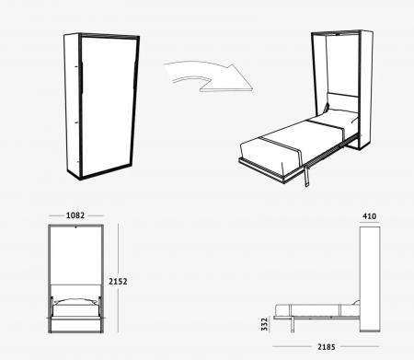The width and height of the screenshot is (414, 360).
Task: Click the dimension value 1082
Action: click(x=75, y=215)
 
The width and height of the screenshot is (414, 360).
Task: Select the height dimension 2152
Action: click(x=118, y=281)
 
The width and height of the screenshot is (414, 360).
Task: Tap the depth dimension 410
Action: click(x=369, y=216)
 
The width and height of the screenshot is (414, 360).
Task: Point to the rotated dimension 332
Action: click(x=264, y=324)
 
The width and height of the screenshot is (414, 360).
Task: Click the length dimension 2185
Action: click(x=327, y=347)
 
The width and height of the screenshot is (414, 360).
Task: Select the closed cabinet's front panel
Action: click(x=109, y=106)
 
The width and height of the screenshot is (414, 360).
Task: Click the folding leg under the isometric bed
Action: click(x=307, y=176)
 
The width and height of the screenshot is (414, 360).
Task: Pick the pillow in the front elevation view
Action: click(x=75, y=302)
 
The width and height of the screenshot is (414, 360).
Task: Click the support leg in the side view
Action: click(x=293, y=325)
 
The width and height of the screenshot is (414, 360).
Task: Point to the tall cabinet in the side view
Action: click(x=370, y=279)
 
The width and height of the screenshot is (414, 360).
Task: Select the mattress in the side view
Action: click(x=317, y=310)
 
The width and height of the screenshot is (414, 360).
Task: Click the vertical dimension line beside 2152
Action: click(x=119, y=278)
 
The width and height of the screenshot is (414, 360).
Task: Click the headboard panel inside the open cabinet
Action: click(x=342, y=102)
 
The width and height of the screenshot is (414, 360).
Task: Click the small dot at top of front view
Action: click(x=75, y=227)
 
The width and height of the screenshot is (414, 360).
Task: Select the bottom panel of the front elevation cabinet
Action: click(x=75, y=326)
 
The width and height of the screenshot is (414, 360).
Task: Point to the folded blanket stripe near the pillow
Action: click(x=326, y=125)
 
